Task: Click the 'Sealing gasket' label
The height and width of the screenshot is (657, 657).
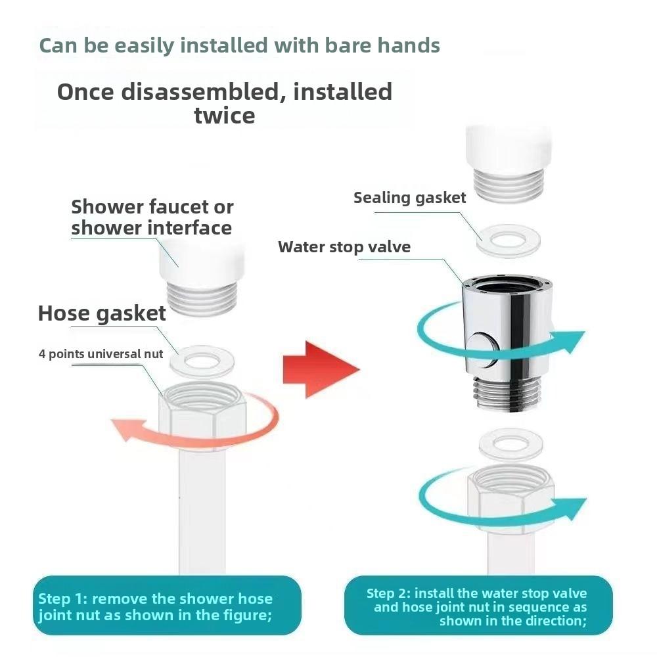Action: pyautogui.click(x=409, y=198)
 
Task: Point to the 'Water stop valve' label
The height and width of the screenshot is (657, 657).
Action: pyautogui.click(x=344, y=247)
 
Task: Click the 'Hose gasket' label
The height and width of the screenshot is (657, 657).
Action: pyautogui.click(x=102, y=313)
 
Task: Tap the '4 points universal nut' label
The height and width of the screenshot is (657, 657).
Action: pyautogui.click(x=101, y=354)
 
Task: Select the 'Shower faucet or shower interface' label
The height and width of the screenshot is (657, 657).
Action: pyautogui.click(x=152, y=217)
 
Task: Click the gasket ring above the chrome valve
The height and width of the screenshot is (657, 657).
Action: pyautogui.click(x=507, y=241)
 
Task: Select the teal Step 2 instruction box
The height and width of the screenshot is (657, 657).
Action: pyautogui.click(x=478, y=606)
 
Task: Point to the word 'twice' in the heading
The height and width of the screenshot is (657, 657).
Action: pyautogui.click(x=224, y=116)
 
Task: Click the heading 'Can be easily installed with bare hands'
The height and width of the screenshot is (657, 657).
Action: pyautogui.click(x=239, y=45)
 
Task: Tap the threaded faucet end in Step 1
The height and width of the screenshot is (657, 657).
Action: pyautogui.click(x=202, y=299)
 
